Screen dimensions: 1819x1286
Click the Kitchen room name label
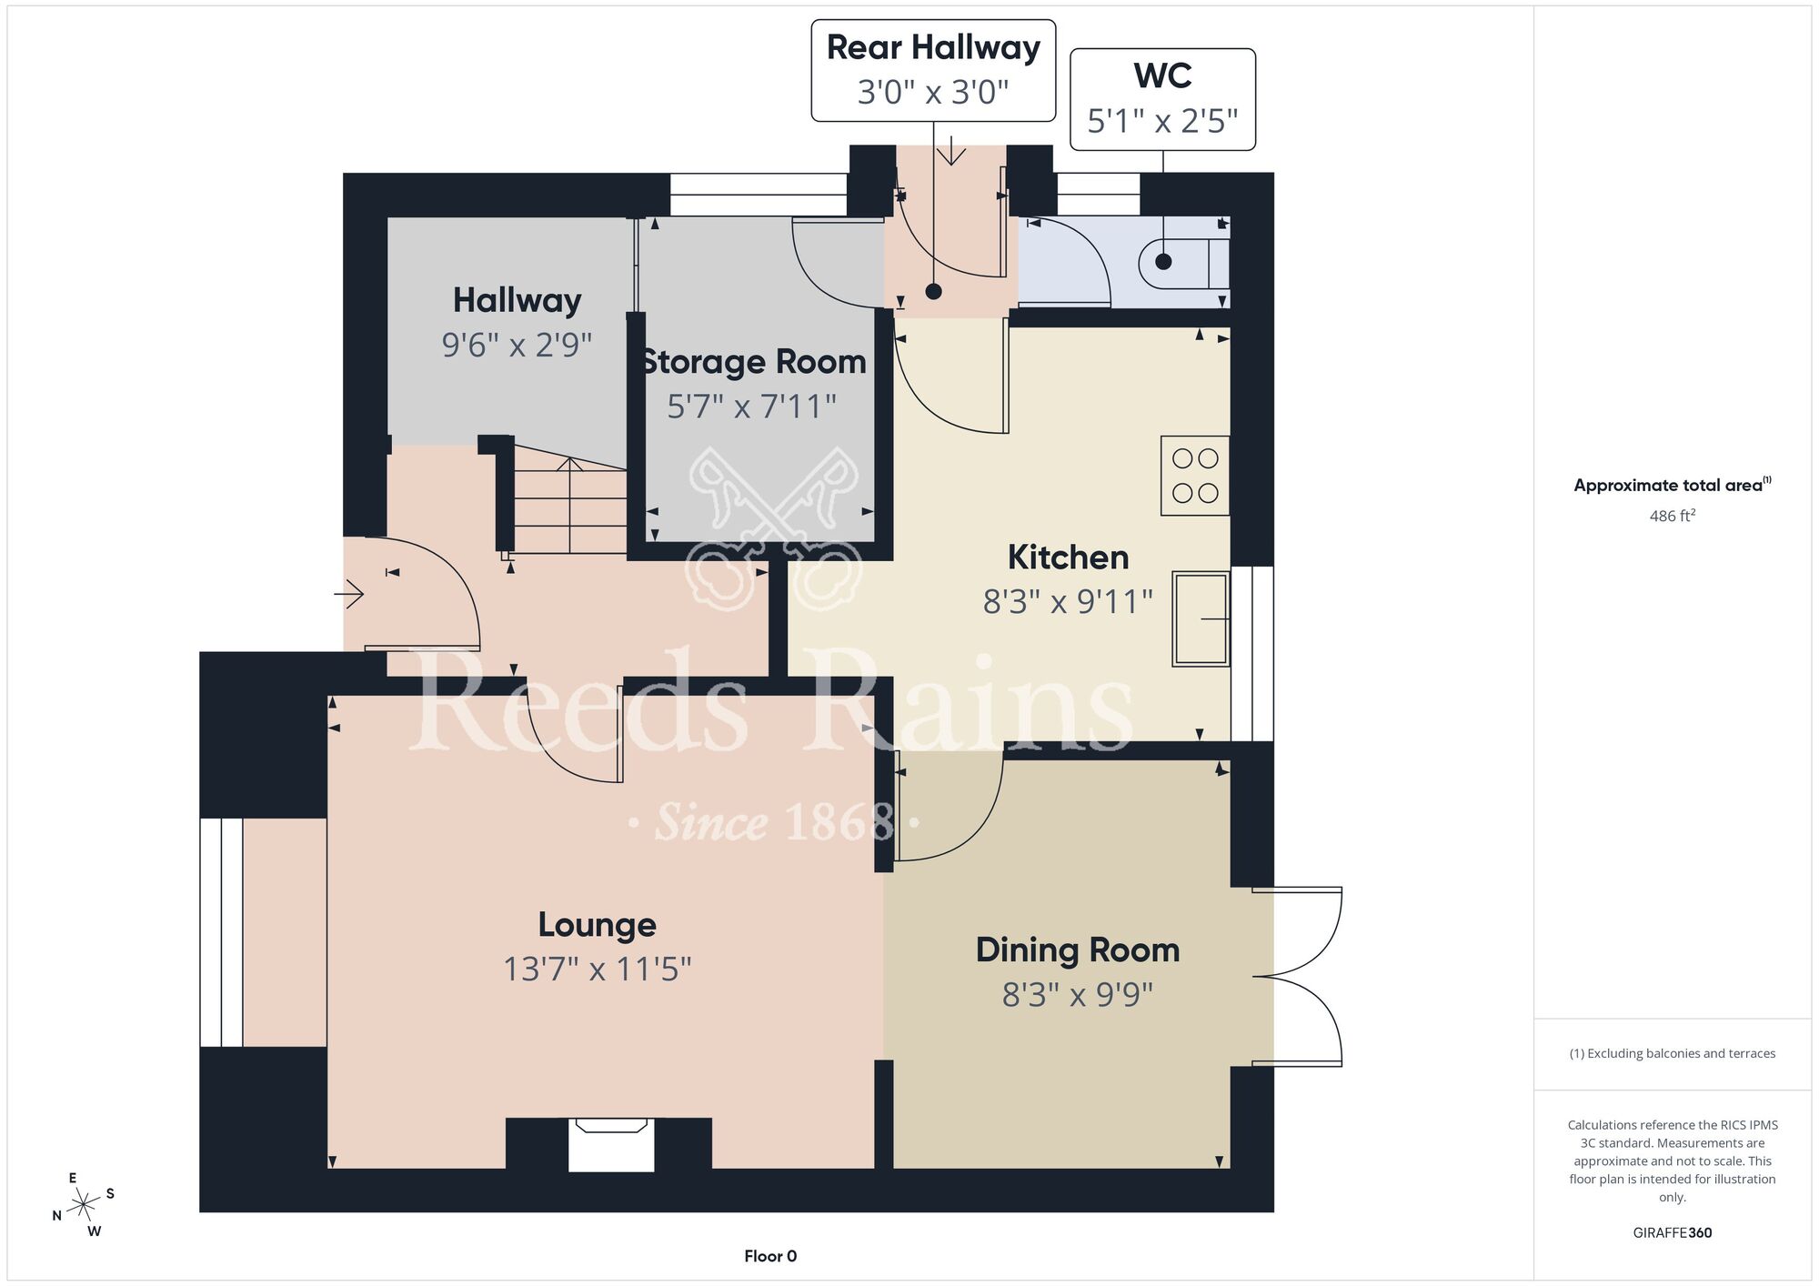point(1068,557)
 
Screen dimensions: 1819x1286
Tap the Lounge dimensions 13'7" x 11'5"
point(598,970)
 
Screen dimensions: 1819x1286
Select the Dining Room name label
point(1078,949)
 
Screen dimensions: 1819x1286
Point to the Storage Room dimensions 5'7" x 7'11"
point(751,407)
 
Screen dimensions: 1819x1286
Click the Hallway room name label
point(517,300)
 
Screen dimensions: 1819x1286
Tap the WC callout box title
point(1162,75)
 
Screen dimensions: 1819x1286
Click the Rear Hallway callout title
point(933,47)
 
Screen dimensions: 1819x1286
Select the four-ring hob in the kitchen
point(1195,476)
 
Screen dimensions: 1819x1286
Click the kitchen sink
point(1201,618)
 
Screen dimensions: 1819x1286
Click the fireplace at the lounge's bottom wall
point(610,1144)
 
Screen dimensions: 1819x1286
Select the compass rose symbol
point(84,1204)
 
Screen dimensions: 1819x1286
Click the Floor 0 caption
point(770,1256)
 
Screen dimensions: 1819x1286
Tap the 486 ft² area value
point(1672,516)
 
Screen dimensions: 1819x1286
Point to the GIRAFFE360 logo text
point(1672,1233)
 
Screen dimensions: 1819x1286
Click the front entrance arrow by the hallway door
point(349,595)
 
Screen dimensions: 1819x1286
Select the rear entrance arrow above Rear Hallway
point(951,150)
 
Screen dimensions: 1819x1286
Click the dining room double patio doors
point(1298,977)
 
